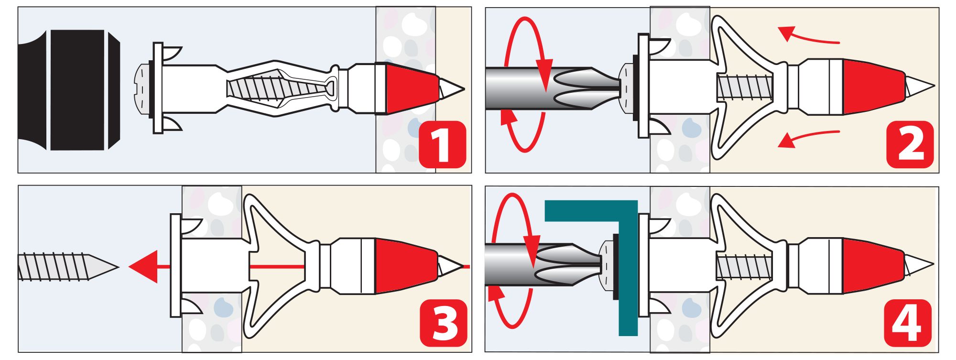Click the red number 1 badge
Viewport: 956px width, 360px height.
[x=442, y=144]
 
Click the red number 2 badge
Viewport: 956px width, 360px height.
[x=910, y=144]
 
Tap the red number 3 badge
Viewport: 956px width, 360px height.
[x=444, y=323]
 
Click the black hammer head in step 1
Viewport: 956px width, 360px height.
[x=69, y=90]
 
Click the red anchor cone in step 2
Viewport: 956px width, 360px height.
[x=873, y=87]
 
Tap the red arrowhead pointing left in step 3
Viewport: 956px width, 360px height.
[x=143, y=267]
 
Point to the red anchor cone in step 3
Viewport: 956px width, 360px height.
[x=405, y=266]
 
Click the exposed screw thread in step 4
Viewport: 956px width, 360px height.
[x=744, y=267]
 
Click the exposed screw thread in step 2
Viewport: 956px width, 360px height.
[x=745, y=87]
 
